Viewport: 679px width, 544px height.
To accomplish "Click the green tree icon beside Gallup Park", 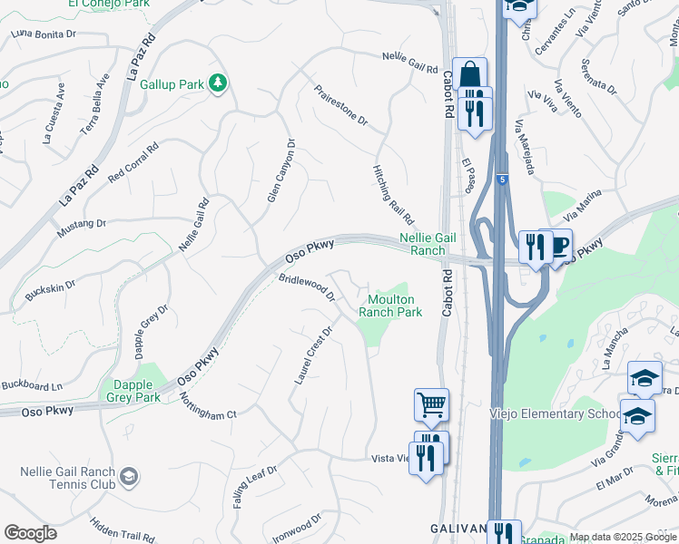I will click(217, 84).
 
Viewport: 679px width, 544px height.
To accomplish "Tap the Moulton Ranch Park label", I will click(390, 306).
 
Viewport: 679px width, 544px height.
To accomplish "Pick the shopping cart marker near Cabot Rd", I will click(431, 403).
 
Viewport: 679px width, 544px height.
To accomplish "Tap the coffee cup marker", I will click(557, 245).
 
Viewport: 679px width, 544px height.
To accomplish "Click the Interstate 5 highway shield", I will click(501, 180).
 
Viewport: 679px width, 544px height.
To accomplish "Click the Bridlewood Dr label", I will click(307, 288).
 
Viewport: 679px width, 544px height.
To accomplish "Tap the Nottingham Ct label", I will click(207, 406).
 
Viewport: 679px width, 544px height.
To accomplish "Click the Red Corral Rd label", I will click(133, 160).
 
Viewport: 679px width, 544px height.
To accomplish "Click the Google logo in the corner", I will click(30, 532).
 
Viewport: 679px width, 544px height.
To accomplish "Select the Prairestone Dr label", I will click(340, 105).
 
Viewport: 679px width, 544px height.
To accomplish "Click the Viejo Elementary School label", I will click(562, 414).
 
